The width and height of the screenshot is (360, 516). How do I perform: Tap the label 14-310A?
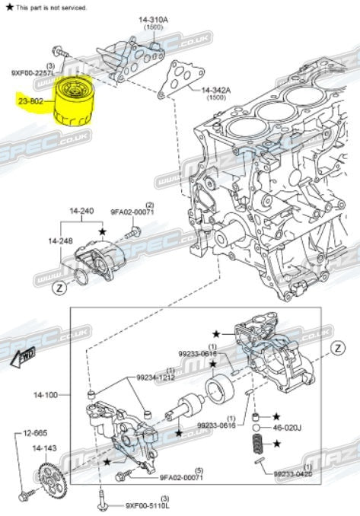click(152, 18)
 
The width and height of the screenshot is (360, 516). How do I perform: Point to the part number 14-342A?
click(218, 91)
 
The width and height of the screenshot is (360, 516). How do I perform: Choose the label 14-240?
click(81, 210)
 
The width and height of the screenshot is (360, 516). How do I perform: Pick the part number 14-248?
click(61, 240)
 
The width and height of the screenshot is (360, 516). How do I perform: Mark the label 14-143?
click(43, 448)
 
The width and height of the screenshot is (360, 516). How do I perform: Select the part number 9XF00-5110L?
click(147, 505)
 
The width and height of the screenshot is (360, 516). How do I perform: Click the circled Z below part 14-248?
click(58, 289)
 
